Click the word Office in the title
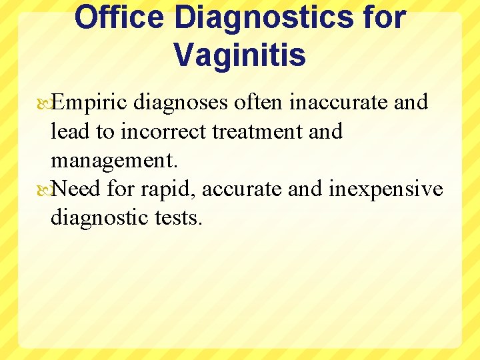[118, 17]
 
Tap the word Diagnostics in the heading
[263, 17]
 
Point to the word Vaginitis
[240, 55]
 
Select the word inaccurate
[337, 103]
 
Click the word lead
[71, 131]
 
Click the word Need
[75, 189]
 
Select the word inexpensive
[386, 189]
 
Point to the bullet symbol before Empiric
[45, 103]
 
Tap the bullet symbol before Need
[45, 190]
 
